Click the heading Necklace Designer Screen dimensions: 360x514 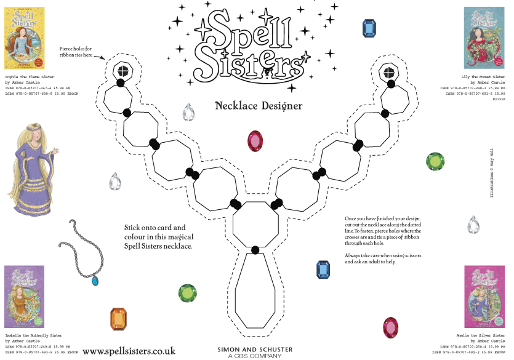click(259, 106)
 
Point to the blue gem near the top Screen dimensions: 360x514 click(369, 28)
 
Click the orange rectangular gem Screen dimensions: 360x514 click(118, 319)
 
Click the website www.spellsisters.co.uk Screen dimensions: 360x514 click(129, 351)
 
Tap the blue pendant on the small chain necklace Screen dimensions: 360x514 click(95, 281)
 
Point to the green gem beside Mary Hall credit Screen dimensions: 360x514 click(436, 161)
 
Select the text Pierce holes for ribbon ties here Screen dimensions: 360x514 click(76, 51)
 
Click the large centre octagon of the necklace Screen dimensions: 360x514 click(255, 224)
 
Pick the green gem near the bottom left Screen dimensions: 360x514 click(187, 293)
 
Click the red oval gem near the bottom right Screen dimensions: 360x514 click(390, 327)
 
